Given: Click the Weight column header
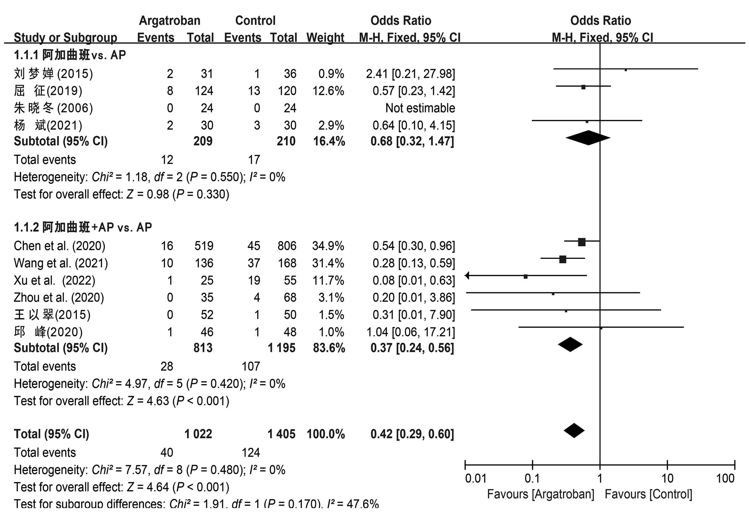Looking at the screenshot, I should pos(325,38).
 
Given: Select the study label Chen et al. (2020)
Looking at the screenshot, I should pos(60,246).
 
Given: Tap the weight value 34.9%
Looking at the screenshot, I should pos(328,246).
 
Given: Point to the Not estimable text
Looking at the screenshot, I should pos(420,108).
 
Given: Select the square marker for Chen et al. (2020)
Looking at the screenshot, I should pos(582,242).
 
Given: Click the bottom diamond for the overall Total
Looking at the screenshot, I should pos(574,431).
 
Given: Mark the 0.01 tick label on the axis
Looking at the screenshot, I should pos(476,478).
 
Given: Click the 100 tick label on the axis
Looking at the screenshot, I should pos(725,478).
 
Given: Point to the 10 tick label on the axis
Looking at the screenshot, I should pos(667,478).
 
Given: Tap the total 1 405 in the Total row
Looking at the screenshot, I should pos(282,434).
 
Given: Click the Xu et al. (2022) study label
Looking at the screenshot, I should pos(55,280).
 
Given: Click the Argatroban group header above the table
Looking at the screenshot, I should pos(170,20).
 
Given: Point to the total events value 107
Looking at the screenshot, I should pos(251,367).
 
